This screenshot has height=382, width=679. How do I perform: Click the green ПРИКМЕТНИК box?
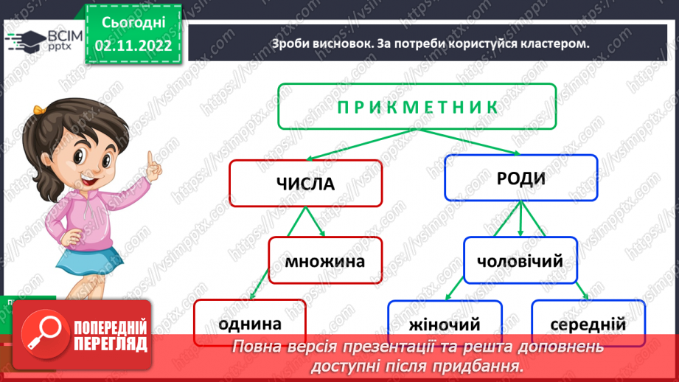click(x=417, y=107)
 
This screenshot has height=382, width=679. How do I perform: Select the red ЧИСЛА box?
click(x=305, y=183)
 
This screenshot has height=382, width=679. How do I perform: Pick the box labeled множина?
click(x=325, y=260)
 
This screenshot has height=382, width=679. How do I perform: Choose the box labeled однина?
click(x=250, y=322)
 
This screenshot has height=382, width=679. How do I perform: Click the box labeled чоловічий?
click(x=520, y=260)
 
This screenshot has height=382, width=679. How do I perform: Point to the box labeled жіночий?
click(x=445, y=324)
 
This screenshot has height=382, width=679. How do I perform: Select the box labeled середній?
click(x=588, y=324)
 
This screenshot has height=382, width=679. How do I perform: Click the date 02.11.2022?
click(x=133, y=45)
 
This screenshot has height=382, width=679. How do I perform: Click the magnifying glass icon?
click(x=41, y=331)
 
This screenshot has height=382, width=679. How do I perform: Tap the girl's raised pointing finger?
click(x=152, y=160)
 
